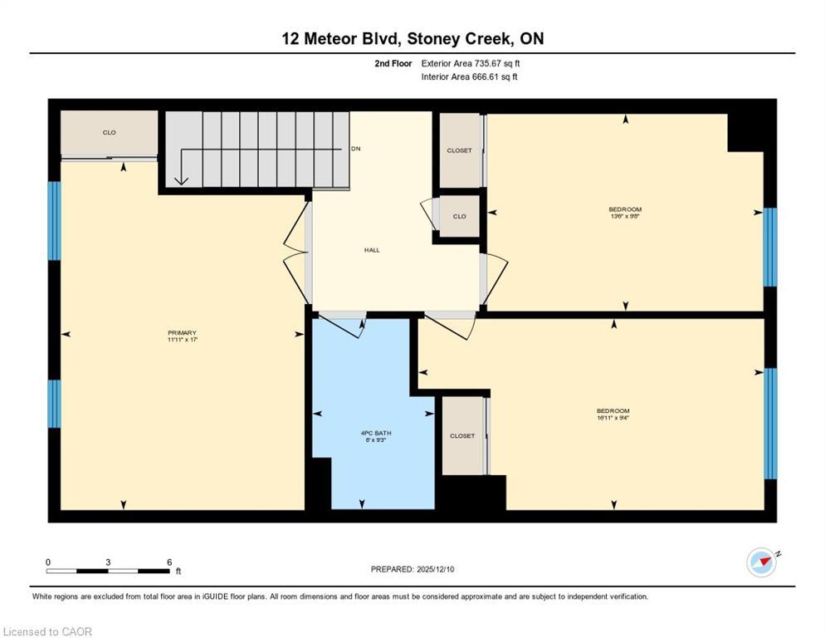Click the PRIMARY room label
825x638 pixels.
(182, 332)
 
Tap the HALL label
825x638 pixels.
(372, 249)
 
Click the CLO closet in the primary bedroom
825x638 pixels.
(109, 133)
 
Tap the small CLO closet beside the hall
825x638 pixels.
(459, 216)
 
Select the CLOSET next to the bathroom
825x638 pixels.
(462, 435)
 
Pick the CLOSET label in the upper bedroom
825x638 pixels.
(459, 150)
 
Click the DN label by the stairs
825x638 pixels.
(355, 149)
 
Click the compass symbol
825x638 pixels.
(761, 562)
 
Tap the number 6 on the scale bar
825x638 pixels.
(169, 562)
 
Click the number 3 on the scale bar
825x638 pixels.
(108, 562)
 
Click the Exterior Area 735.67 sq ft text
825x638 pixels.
(471, 63)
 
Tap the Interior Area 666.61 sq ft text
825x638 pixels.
(469, 77)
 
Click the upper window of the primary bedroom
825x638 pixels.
(54, 220)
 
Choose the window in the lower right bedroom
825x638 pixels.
(769, 424)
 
